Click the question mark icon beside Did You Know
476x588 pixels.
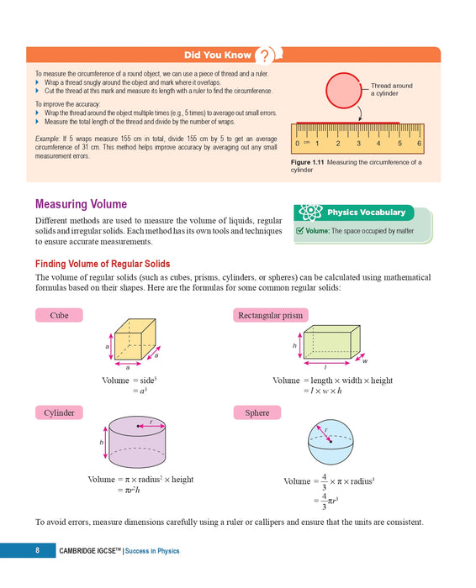point(265,56)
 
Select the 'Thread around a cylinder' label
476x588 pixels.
point(391,90)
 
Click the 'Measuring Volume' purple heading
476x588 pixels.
point(81,204)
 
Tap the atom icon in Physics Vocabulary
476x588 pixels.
point(308,213)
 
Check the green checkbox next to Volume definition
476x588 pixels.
point(300,230)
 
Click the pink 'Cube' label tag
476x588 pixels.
point(59,316)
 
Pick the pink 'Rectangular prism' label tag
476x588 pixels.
point(270,316)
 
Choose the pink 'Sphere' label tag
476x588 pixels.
point(257,413)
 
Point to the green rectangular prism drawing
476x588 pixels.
point(331,343)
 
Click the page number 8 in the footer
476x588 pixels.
point(38,551)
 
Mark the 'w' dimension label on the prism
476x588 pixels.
point(365,362)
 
